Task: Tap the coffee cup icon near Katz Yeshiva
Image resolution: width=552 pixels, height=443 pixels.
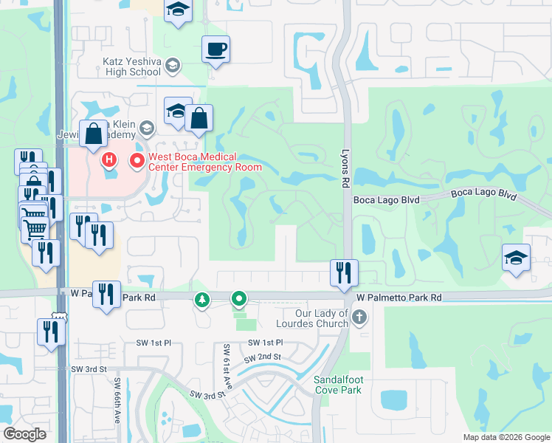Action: (215, 49)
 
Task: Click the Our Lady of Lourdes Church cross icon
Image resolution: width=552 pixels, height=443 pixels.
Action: (359, 318)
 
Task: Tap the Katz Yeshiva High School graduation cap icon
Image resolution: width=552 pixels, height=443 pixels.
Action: (173, 66)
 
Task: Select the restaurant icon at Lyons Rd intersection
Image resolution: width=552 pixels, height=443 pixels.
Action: (344, 272)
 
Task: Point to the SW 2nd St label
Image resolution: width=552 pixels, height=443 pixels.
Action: (267, 357)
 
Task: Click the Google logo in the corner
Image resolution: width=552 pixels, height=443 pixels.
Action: (25, 434)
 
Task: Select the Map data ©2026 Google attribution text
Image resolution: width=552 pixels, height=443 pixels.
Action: (506, 437)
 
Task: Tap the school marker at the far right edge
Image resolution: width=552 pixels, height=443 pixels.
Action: (516, 258)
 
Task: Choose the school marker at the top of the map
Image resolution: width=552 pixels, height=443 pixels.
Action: (177, 10)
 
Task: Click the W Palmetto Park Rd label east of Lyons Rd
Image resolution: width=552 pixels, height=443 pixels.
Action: (399, 297)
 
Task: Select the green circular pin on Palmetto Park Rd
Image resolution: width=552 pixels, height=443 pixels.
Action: (238, 299)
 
